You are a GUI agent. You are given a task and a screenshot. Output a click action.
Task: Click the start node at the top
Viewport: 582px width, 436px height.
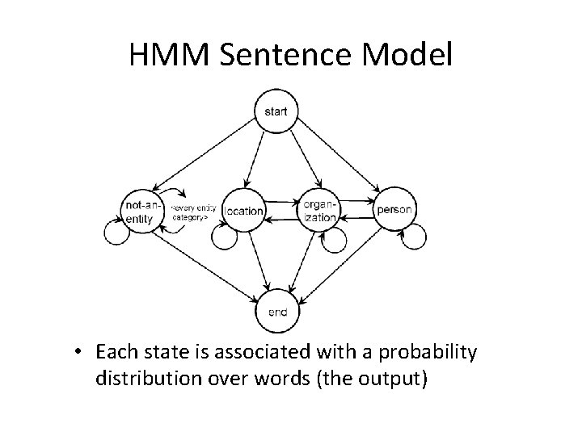(276, 111)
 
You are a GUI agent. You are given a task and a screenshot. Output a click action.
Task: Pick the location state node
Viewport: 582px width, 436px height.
(242, 211)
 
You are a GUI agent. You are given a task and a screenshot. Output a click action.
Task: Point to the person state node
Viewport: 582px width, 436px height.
(394, 210)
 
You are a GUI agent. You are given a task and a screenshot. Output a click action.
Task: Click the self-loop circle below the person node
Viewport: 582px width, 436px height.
(414, 237)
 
